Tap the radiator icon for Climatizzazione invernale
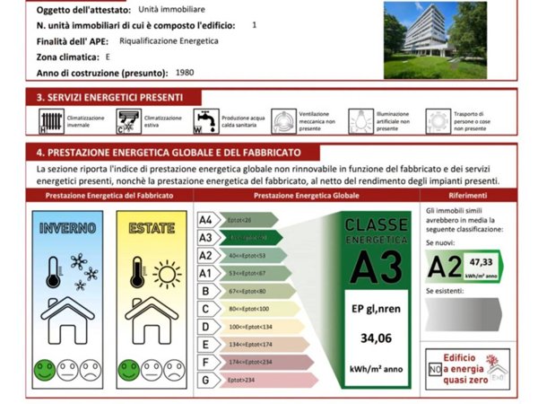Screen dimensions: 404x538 (50, 121)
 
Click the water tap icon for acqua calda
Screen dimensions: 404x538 (204, 121)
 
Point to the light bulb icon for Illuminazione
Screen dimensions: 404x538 (360, 121)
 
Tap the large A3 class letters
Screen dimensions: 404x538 (376, 267)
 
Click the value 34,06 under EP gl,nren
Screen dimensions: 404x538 (376, 338)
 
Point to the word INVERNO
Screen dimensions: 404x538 (68, 228)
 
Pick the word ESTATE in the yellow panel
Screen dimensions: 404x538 (152, 228)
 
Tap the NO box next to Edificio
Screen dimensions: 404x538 (435, 369)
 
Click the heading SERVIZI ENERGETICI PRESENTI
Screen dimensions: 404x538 (110, 97)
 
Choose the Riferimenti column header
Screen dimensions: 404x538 (469, 195)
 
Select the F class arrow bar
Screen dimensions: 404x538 (256, 362)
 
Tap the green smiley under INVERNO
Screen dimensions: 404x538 (45, 368)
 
